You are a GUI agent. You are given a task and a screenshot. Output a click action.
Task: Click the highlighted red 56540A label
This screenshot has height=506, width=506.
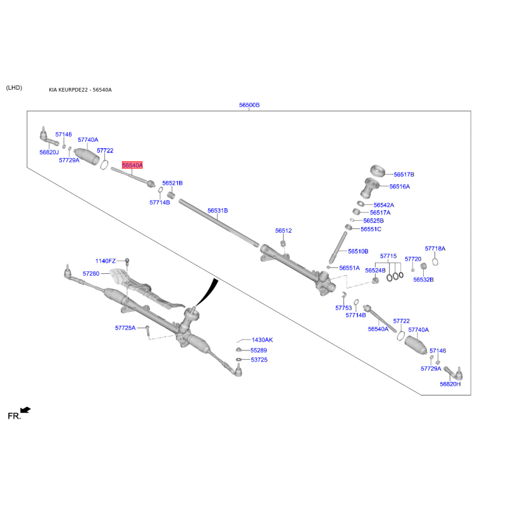point(132,165)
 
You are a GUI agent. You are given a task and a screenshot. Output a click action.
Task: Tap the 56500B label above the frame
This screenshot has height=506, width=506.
point(249,105)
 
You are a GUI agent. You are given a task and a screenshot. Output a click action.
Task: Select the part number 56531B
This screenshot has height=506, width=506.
point(218,211)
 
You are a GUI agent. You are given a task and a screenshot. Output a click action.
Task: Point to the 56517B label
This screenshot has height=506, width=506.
point(404,175)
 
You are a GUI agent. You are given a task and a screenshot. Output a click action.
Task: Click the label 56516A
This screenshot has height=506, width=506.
point(400,186)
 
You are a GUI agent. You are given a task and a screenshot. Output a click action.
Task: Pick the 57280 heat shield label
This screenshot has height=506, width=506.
point(91,273)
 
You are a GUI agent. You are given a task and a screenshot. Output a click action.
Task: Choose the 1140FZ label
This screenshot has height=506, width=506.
point(105,261)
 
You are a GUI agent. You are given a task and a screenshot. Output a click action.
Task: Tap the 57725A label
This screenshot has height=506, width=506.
point(125,328)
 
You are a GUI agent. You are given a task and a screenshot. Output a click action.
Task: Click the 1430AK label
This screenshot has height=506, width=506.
point(262,340)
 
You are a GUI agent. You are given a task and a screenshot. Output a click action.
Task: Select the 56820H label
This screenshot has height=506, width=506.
point(450,384)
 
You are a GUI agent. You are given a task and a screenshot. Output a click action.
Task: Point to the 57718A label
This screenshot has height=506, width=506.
point(435,249)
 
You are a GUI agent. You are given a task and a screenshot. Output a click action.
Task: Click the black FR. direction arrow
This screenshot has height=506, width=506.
point(25,410)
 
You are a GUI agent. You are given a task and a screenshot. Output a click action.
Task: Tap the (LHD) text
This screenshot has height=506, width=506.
point(14,88)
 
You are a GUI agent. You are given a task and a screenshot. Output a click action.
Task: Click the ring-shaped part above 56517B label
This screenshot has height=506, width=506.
point(378,170)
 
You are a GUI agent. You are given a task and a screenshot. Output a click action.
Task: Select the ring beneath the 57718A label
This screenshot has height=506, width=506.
point(435,262)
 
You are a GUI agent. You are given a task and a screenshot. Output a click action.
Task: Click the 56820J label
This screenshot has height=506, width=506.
point(49,152)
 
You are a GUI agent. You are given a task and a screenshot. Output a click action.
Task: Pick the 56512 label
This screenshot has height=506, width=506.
point(283,230)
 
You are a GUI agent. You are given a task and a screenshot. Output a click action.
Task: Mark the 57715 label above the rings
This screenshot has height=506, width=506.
point(388,256)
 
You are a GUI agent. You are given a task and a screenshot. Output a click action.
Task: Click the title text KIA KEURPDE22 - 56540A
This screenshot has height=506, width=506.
point(80,90)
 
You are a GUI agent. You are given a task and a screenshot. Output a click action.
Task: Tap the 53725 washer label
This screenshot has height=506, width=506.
point(259,359)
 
